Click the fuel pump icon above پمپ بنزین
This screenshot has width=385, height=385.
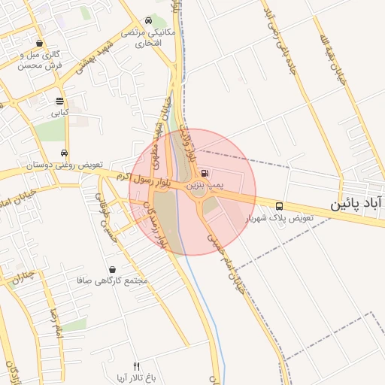pos(205,172)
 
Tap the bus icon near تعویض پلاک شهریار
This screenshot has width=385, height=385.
pos(280,205)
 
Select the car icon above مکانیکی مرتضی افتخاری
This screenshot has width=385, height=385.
pos(149,22)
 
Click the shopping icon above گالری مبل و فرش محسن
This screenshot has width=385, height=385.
pos(39,44)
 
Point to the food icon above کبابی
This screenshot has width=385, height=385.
pos(59,102)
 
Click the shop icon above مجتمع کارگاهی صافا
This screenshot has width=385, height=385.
pos(113,269)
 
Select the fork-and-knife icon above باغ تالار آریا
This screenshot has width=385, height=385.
pos(136,366)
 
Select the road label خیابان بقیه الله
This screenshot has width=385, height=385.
pos(330,56)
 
